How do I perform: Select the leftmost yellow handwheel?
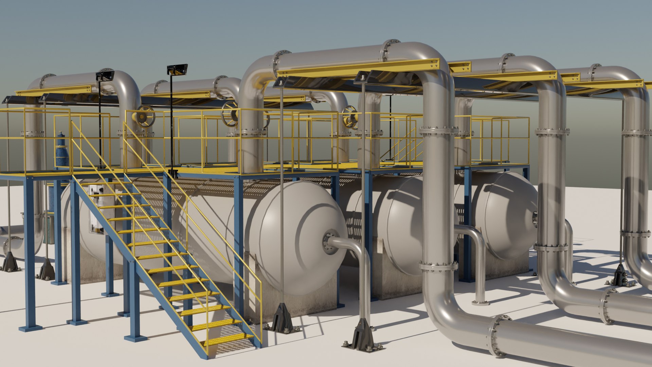click(x=144, y=116)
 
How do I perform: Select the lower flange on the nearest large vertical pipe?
click(x=438, y=266)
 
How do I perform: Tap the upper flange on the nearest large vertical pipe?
click(x=438, y=130)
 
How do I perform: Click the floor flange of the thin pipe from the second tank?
click(x=479, y=302)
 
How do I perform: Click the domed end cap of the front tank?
click(x=299, y=234)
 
